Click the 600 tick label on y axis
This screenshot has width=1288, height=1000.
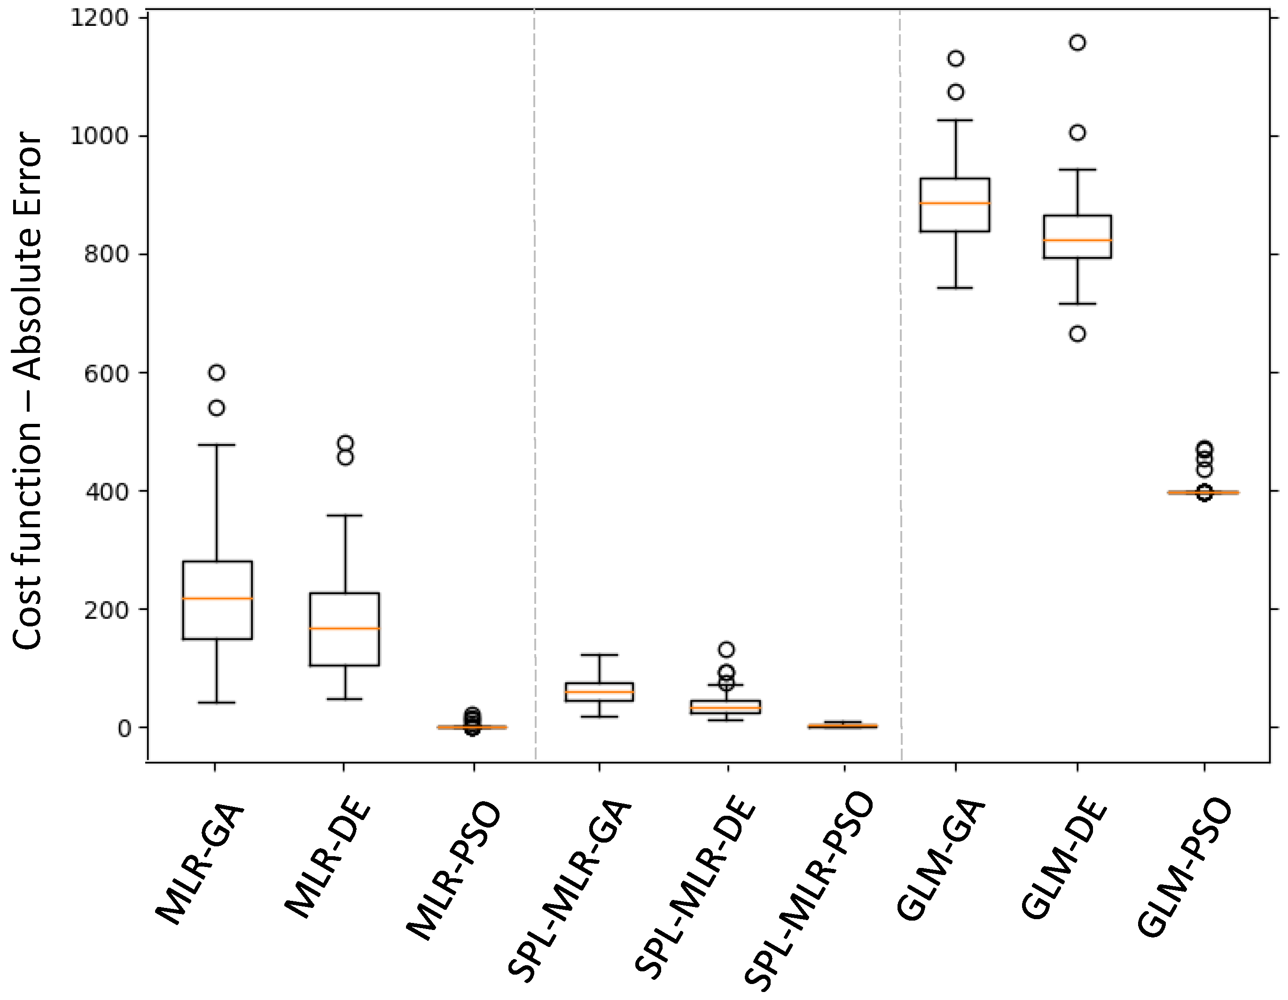point(106,373)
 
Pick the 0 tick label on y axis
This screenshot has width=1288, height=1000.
point(124,729)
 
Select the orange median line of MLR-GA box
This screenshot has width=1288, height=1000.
point(217,599)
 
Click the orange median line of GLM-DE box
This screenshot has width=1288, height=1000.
point(1077,240)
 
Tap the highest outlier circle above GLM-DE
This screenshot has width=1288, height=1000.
point(1077,42)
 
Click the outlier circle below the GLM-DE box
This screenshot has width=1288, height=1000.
point(1077,334)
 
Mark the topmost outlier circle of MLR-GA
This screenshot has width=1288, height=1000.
point(217,372)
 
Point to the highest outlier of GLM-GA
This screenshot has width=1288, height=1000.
point(955,58)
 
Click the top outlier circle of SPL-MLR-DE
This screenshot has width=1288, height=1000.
point(726,649)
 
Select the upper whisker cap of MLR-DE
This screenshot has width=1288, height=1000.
point(344,516)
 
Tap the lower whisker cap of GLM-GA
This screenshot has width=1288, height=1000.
point(955,288)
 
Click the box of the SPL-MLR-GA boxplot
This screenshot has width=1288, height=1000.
point(599,692)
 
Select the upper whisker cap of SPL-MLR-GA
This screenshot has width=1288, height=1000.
point(599,655)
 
